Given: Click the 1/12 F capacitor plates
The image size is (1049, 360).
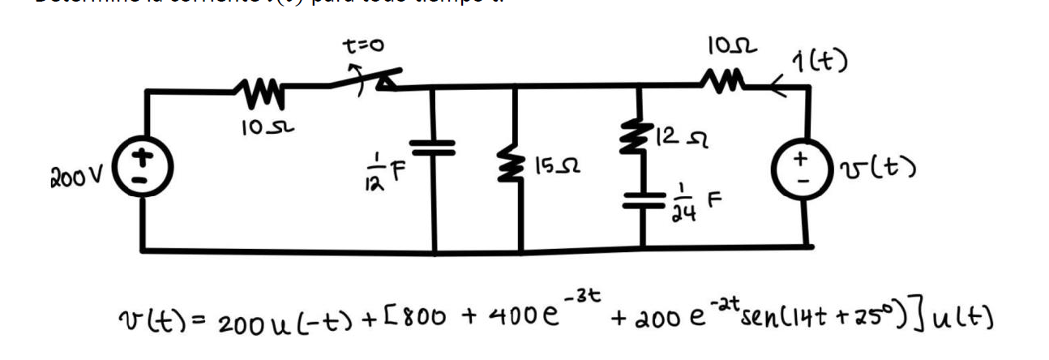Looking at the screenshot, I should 435,149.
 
